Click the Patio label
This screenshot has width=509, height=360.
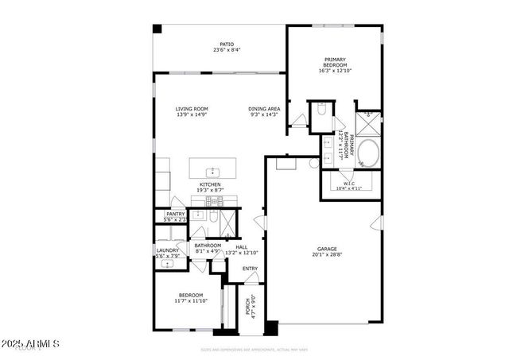(x=227, y=44)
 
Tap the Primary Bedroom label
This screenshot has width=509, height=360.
(x=335, y=62)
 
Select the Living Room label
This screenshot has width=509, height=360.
(x=191, y=109)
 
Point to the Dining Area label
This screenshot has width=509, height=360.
(x=263, y=109)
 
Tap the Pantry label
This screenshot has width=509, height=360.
(x=175, y=214)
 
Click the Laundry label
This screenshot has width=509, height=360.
(x=167, y=250)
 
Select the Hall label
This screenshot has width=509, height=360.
(x=241, y=246)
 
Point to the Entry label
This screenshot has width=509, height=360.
(x=251, y=268)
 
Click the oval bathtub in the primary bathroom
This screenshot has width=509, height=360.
(x=367, y=153)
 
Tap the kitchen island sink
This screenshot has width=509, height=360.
(x=213, y=171)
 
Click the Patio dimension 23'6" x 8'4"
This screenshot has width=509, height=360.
(x=227, y=50)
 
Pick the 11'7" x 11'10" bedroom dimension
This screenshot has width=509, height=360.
(x=191, y=301)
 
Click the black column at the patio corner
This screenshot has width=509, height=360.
(x=157, y=29)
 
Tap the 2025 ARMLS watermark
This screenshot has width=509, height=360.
(x=31, y=344)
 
